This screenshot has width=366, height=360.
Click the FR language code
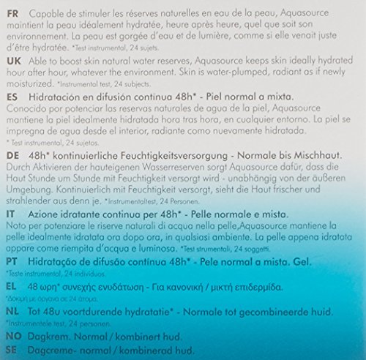click(x=12, y=11)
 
